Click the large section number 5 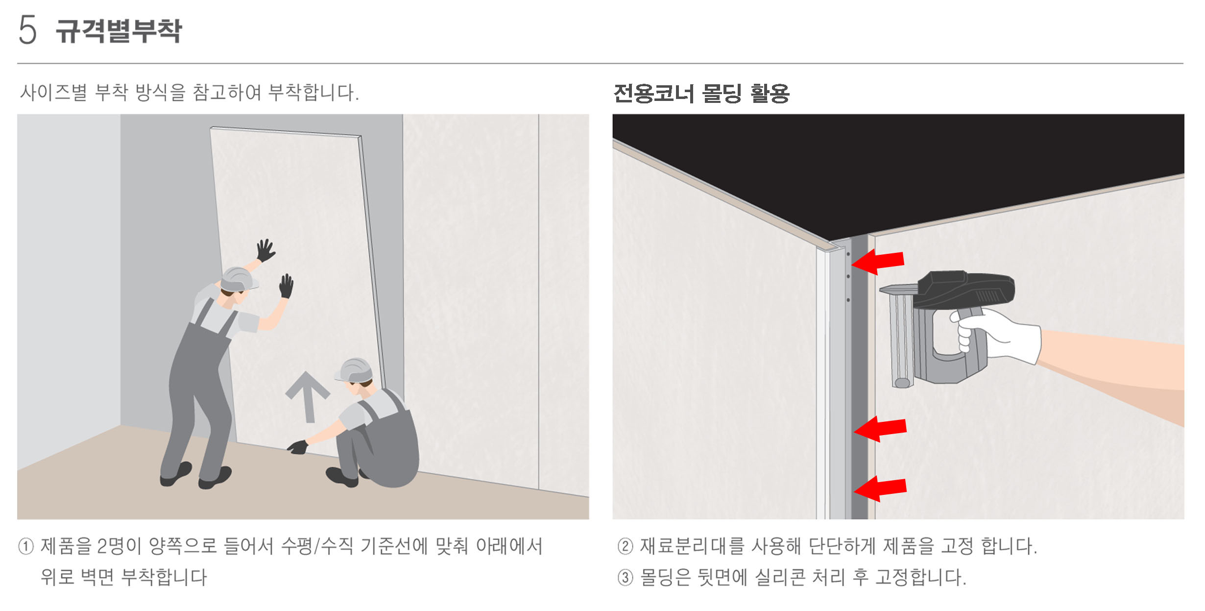(x=27, y=29)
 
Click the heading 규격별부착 (x=119, y=30)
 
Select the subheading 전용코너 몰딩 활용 (x=701, y=93)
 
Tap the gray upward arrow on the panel (x=308, y=396)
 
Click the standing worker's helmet (x=238, y=279)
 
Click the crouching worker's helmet (x=355, y=370)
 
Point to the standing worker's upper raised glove (x=265, y=250)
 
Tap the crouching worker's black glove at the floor (x=298, y=447)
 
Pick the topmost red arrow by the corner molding (x=878, y=261)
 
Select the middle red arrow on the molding (x=880, y=429)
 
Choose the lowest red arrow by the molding (x=880, y=489)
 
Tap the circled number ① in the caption (x=26, y=546)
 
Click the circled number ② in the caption (x=625, y=546)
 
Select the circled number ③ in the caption (x=625, y=577)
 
